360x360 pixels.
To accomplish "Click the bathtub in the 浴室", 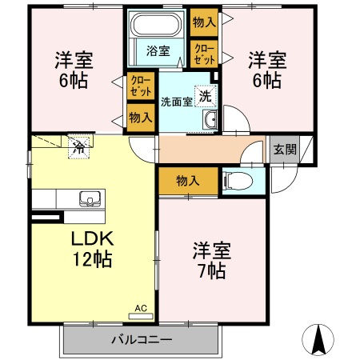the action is [156, 24].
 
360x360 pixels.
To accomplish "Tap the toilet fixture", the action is [238, 182].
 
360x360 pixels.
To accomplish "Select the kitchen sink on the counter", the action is [90, 198].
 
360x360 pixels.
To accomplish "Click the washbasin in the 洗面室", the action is [210, 120].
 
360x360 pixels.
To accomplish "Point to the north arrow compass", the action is [318, 340].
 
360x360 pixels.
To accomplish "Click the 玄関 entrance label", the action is [285, 150].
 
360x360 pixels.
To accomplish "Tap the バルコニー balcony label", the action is [142, 340].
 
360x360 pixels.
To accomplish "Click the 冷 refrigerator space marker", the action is [79, 148].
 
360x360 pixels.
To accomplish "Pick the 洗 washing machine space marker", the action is [206, 96].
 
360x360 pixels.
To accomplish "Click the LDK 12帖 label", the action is [92, 249].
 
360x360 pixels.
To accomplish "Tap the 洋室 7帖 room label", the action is [212, 261].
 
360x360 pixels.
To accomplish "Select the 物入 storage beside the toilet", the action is [188, 182].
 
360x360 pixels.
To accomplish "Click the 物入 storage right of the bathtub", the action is [204, 22].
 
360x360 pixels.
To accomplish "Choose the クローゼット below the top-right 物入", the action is [204, 54].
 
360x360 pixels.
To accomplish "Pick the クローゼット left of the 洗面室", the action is [141, 86].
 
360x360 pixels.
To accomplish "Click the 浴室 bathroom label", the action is [158, 51].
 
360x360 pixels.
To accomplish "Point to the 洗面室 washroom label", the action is [177, 102].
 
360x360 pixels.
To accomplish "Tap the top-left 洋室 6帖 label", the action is [74, 70].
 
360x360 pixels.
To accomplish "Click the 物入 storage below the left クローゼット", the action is [141, 118].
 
